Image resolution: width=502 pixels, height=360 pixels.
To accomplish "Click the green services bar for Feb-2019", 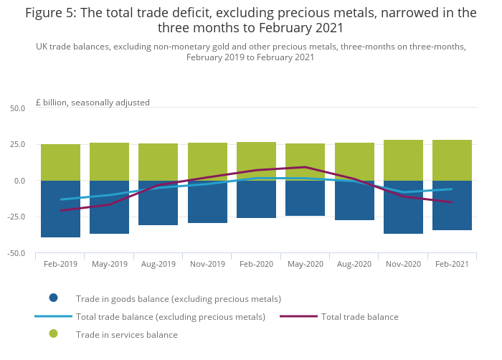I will point(60,162).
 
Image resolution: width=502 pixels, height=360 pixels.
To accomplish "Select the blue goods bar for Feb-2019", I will point(60,209).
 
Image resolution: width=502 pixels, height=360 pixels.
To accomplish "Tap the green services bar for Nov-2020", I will point(403,160).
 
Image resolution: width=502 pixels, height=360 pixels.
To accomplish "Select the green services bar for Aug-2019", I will point(158,162).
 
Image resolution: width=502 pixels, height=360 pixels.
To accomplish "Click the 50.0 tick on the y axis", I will point(17,108).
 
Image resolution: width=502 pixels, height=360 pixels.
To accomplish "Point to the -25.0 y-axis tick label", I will point(16,217).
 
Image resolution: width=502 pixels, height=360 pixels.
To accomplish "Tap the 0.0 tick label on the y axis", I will point(19,181).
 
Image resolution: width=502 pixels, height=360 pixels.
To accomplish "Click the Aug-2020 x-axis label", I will point(354,264).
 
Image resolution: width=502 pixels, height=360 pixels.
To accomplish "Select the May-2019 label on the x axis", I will point(110,264).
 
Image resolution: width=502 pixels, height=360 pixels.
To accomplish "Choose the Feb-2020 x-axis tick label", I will point(256,264).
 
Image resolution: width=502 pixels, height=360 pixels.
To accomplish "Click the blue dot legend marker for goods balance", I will point(53,298).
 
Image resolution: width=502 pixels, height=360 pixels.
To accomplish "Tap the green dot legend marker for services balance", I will point(53,334).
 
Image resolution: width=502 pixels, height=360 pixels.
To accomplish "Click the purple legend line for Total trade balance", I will point(298,316).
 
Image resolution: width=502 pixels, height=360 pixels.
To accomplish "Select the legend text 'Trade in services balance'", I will point(127,334).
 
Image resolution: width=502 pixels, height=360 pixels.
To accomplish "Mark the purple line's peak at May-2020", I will point(305,167).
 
